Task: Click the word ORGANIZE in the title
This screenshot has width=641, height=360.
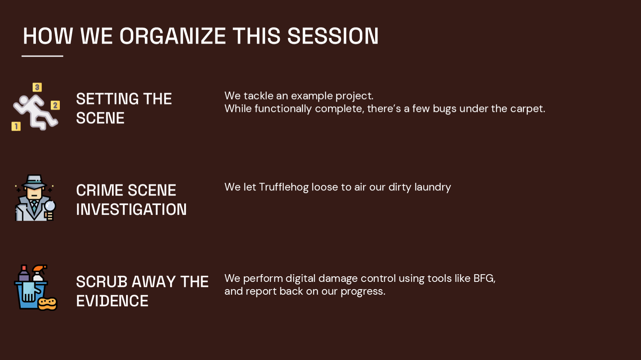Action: (x=172, y=36)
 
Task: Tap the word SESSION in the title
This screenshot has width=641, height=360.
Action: (x=332, y=36)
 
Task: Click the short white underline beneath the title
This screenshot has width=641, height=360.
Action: (x=42, y=56)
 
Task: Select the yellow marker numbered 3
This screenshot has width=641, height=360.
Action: (x=37, y=87)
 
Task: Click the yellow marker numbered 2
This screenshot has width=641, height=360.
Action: (x=55, y=105)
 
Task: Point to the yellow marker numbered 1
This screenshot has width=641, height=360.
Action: (x=16, y=126)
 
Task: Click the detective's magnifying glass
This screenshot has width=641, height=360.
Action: (x=50, y=206)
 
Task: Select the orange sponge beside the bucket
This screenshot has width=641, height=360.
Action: (x=47, y=303)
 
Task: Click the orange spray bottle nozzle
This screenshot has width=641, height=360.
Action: (x=40, y=268)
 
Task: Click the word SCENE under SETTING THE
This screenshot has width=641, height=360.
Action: (x=100, y=118)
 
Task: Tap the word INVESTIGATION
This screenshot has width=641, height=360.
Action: (x=131, y=210)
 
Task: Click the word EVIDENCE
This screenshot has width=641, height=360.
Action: (x=112, y=301)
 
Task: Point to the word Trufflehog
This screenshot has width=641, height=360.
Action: (x=283, y=187)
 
